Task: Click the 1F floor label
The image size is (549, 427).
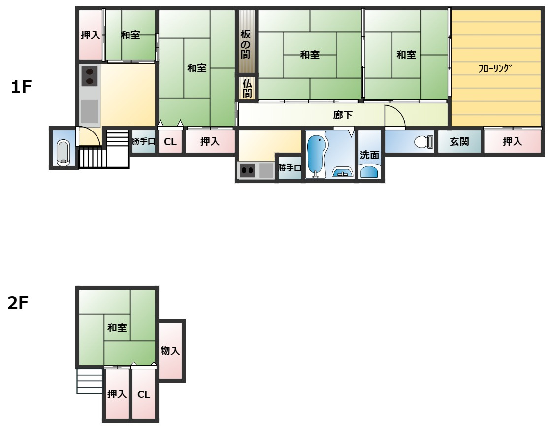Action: [x=21, y=87]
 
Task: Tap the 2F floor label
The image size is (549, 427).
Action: [x=18, y=303]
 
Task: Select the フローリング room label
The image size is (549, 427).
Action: [x=495, y=68]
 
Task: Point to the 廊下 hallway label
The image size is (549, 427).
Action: [x=342, y=115]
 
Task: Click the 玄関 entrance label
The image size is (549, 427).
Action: [x=459, y=141]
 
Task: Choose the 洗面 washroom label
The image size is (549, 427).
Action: [x=369, y=155]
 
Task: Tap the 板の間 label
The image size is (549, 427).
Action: [x=245, y=44]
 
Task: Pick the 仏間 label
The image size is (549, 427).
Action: [x=247, y=88]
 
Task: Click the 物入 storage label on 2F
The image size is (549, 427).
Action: [x=170, y=350]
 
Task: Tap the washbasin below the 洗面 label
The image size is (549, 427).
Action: [x=369, y=172]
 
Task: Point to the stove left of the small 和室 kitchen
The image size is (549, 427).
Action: [x=90, y=76]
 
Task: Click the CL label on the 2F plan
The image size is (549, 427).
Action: [x=144, y=394]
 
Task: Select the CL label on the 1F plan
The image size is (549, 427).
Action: [x=170, y=142]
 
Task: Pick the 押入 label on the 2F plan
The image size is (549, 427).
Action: [x=117, y=394]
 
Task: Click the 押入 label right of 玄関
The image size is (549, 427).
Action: [x=512, y=141]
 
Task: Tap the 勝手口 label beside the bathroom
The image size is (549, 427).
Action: [x=290, y=168]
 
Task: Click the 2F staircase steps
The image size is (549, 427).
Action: [x=90, y=381]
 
